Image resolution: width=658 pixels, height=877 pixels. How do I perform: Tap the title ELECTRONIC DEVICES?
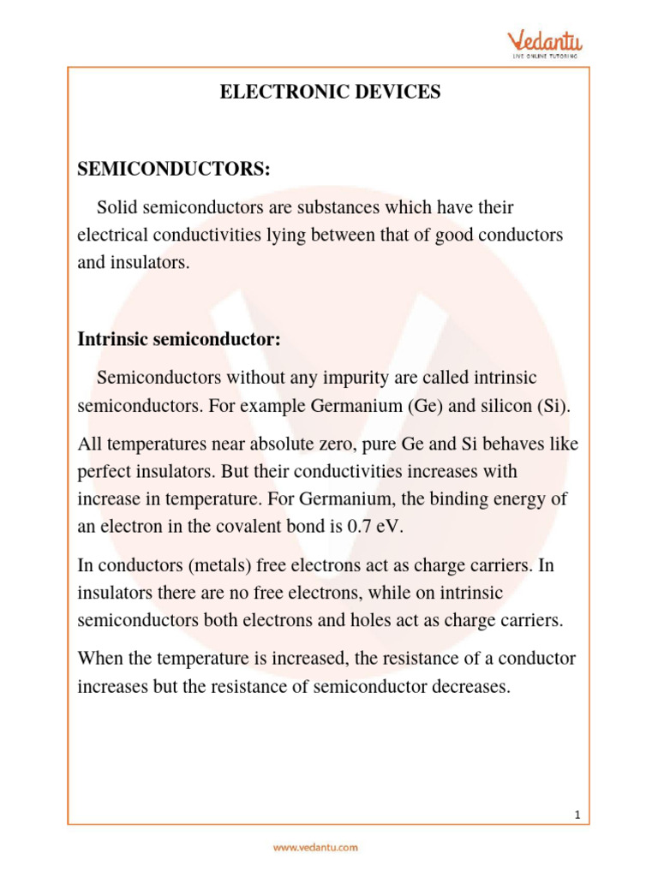click(x=330, y=92)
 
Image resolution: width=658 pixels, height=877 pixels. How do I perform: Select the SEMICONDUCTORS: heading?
click(x=174, y=170)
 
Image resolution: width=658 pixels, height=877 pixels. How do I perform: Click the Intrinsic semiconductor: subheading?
click(x=179, y=339)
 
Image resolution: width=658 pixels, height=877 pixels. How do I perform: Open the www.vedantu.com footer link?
click(x=315, y=848)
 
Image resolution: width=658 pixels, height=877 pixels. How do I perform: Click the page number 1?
click(x=578, y=815)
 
